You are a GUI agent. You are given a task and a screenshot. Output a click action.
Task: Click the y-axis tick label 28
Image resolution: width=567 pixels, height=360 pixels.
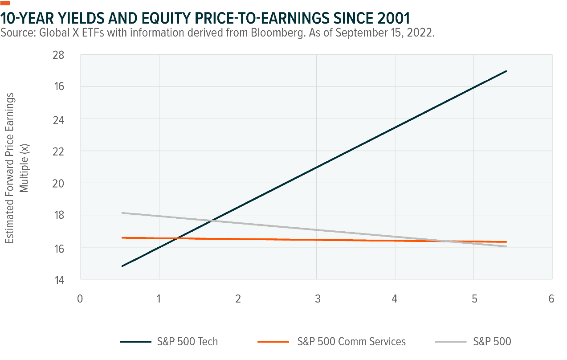coord(71,55)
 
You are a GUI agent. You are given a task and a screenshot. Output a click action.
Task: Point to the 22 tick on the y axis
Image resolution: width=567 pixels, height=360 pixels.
coord(71,151)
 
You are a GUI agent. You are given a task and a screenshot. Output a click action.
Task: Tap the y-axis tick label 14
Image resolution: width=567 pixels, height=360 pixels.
coord(71,280)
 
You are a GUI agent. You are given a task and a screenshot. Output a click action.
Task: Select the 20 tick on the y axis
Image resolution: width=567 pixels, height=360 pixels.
coord(71,184)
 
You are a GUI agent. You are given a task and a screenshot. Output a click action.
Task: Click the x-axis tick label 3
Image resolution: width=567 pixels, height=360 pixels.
coord(317,299)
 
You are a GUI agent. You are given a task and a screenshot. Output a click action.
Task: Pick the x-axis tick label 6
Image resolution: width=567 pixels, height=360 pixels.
coord(551,299)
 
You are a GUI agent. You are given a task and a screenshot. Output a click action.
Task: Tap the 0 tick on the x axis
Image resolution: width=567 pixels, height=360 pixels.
coord(80,299)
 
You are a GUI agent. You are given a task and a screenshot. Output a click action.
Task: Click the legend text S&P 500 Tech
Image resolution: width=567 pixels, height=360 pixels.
coord(187,342)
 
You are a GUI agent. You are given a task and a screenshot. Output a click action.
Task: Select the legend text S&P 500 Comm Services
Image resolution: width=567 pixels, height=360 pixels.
coord(351,342)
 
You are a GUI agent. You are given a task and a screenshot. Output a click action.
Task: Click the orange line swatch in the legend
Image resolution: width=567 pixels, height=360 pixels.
coord(273,342)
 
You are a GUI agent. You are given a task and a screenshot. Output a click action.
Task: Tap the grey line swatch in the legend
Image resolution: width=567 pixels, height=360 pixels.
coord(450,342)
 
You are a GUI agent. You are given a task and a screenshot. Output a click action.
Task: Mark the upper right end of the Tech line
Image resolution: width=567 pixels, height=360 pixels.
coord(506,71)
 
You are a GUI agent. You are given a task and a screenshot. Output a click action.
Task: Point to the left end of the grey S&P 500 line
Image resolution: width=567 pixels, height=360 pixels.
coord(122,213)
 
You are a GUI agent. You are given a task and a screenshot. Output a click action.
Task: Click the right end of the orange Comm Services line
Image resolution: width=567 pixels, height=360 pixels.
coord(506,242)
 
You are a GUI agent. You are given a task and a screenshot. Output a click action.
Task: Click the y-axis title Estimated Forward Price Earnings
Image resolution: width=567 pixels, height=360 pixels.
coord(10,168)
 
